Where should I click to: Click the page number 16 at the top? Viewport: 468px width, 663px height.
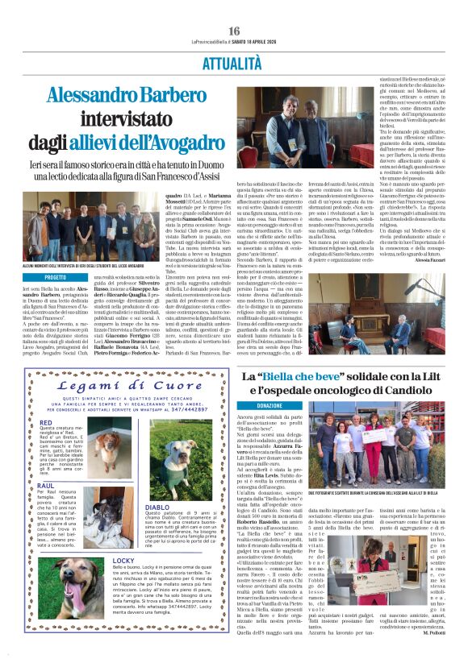(234, 31)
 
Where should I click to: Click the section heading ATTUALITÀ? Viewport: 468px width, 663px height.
(233, 62)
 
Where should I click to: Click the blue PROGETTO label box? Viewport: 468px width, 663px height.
(56, 276)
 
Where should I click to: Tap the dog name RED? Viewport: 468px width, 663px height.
(46, 421)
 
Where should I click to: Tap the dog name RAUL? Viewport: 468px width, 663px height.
(46, 486)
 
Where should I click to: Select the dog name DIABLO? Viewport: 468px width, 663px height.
(157, 507)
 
